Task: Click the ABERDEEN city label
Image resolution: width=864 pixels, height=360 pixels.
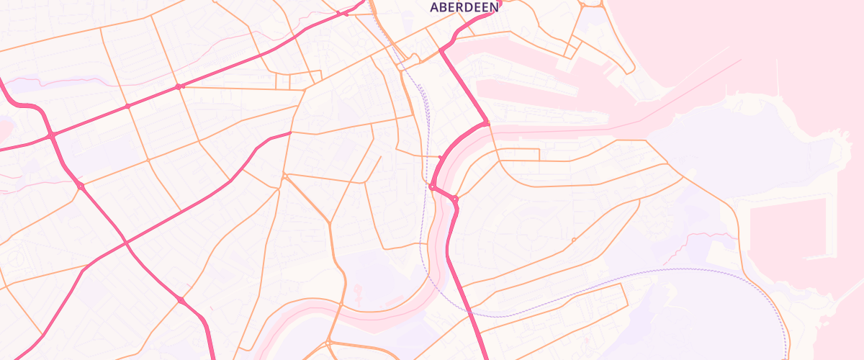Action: pos(464,7)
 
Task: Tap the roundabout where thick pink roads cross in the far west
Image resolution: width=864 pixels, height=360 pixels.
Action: pos(51,135)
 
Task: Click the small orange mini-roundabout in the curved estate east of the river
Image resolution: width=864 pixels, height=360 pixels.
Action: pos(574,239)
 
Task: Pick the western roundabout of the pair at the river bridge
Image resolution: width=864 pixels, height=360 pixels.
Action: pos(432,186)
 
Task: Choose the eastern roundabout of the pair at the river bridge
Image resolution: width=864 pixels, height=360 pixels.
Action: pos(455,198)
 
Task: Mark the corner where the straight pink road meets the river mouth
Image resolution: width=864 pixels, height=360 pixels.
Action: pos(487,124)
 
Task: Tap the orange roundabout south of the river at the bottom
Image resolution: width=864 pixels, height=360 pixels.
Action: pos(329,341)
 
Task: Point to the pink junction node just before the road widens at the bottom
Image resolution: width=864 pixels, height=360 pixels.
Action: pos(180,300)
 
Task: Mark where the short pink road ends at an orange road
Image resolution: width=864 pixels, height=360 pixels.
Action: pos(290,132)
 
